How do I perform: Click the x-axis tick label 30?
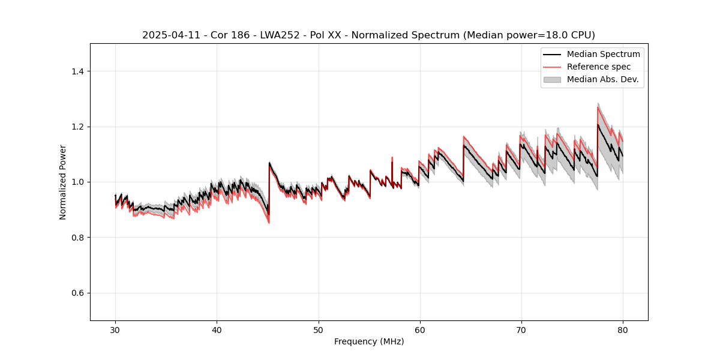point(115,329)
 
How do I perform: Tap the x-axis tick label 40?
point(217,329)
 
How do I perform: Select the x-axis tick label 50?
point(319,329)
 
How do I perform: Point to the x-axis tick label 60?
point(420,329)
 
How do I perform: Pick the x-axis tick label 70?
point(521,329)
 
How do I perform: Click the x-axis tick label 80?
point(623,329)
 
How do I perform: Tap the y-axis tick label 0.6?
point(78,293)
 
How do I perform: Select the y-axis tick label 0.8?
point(78,238)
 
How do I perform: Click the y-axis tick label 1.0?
point(78,182)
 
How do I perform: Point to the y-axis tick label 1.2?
point(78,127)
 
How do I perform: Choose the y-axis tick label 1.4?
point(78,71)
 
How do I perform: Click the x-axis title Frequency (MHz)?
point(369,341)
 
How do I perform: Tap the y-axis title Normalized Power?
point(63,182)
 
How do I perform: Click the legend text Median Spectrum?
point(603,54)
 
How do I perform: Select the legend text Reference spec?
point(599,67)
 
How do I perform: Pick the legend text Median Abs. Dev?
point(602,79)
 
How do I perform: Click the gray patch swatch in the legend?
point(552,79)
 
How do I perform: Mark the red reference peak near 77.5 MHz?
point(598,107)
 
